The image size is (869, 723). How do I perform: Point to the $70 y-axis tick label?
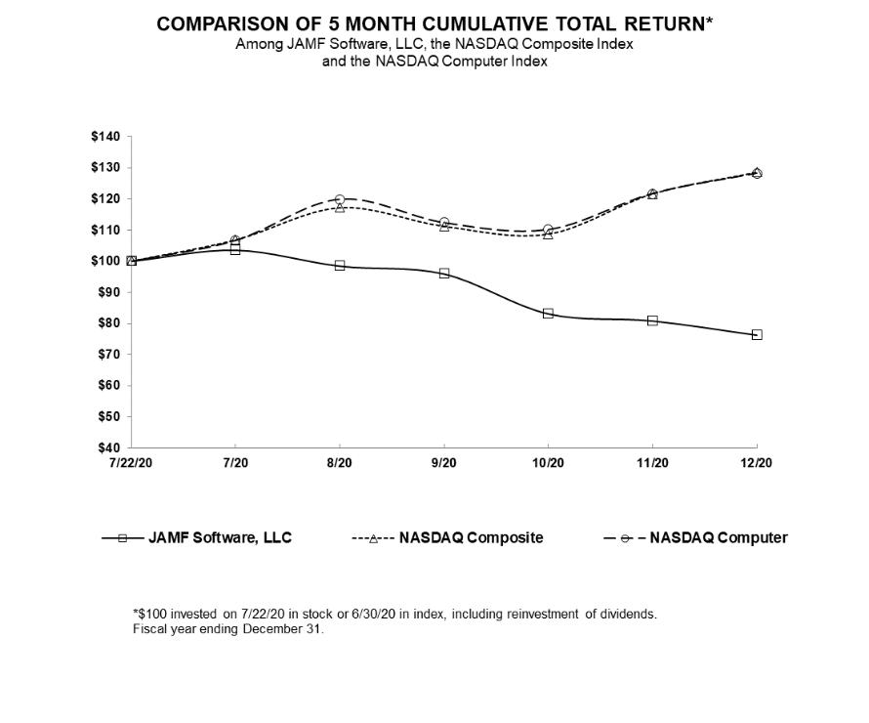[107, 355]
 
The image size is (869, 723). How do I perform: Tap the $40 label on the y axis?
[107, 447]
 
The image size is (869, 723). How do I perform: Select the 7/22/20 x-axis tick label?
[131, 463]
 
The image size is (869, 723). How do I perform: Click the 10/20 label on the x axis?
[548, 463]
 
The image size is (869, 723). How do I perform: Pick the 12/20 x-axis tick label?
[757, 463]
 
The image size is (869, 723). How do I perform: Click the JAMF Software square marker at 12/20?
[757, 335]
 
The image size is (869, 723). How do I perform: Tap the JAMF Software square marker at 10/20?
[548, 314]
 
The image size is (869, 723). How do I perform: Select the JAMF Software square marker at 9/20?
[444, 274]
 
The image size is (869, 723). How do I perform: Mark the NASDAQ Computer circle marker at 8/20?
[340, 199]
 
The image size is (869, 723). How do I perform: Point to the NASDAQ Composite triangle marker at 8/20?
[340, 207]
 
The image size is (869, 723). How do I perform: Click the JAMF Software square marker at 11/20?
[652, 320]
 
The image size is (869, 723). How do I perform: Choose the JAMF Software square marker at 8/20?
[340, 266]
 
